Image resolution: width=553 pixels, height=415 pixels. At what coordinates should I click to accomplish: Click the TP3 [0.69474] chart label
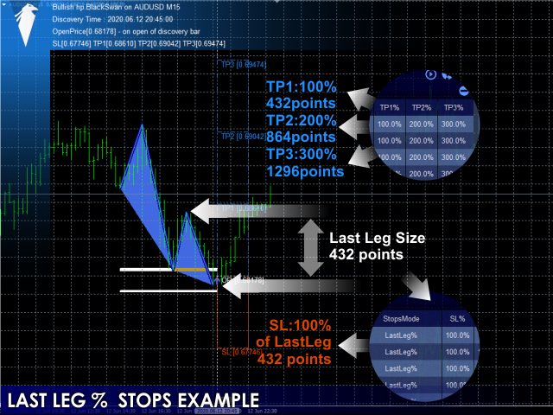(242, 64)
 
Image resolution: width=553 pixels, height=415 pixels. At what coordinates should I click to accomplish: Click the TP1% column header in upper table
(390, 107)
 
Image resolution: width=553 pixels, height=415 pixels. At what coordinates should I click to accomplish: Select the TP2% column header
(422, 107)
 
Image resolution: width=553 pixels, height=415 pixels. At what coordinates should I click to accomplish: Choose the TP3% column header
(453, 107)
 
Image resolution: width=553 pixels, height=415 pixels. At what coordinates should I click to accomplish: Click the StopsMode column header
(400, 319)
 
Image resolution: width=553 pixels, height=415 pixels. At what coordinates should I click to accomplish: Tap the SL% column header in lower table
(457, 319)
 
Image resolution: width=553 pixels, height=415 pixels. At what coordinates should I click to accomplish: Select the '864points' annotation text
(301, 137)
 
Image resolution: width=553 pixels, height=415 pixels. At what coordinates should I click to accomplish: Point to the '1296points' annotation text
(305, 171)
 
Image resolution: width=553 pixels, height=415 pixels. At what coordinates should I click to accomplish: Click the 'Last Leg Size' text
(377, 239)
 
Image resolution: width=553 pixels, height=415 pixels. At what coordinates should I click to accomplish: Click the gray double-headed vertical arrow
(308, 247)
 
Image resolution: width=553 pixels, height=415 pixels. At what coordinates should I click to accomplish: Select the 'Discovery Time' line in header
(101, 17)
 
